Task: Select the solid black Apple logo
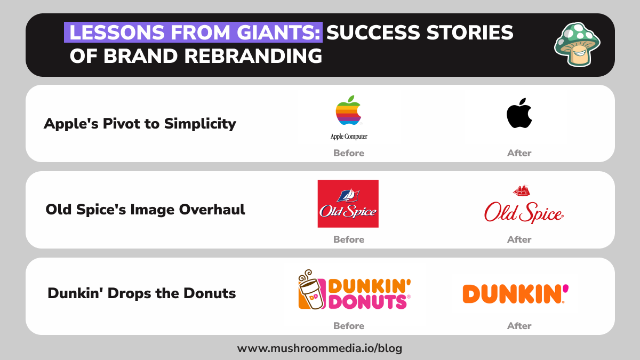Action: (x=519, y=113)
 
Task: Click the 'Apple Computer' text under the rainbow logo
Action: (x=349, y=137)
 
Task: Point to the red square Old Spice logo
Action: (x=348, y=204)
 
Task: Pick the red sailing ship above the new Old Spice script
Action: (x=521, y=190)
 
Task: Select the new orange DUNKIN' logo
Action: (x=515, y=294)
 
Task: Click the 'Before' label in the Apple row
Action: (x=349, y=153)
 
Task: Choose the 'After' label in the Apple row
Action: (x=519, y=153)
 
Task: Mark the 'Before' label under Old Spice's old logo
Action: (x=349, y=239)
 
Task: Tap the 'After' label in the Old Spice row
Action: (x=519, y=239)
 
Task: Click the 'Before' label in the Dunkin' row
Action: (x=349, y=326)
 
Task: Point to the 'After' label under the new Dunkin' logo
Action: (x=519, y=326)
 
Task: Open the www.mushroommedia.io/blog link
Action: (x=319, y=349)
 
